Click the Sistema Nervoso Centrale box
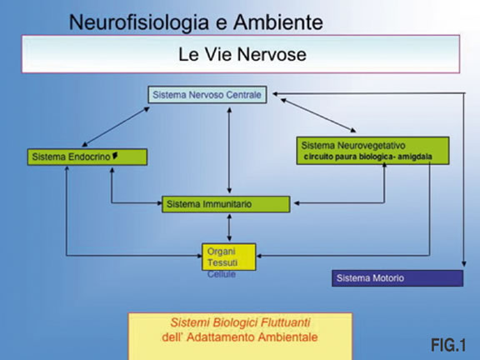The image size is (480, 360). tap(207, 95)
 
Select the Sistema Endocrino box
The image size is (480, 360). tap(87, 157)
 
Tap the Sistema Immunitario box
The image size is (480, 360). tap(226, 204)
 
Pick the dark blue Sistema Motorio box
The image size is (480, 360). tap(397, 278)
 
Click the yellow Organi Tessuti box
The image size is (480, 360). tap(228, 257)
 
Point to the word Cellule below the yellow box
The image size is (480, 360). tap(222, 274)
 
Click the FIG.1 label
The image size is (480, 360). tap(448, 345)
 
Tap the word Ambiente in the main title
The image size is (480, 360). tap(278, 22)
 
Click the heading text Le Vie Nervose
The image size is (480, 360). tap(242, 54)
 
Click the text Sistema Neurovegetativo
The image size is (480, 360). tap(353, 145)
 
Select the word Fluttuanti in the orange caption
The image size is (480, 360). tap(285, 322)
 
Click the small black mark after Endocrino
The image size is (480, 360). tap(115, 156)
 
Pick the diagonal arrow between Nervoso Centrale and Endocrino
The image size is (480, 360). tap(116, 127)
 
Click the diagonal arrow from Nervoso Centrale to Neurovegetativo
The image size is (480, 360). tap(318, 115)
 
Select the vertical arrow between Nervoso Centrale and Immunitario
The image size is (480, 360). tap(229, 150)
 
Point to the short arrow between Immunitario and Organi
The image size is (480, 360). tap(229, 227)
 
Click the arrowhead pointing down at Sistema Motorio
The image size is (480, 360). tap(464, 263)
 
